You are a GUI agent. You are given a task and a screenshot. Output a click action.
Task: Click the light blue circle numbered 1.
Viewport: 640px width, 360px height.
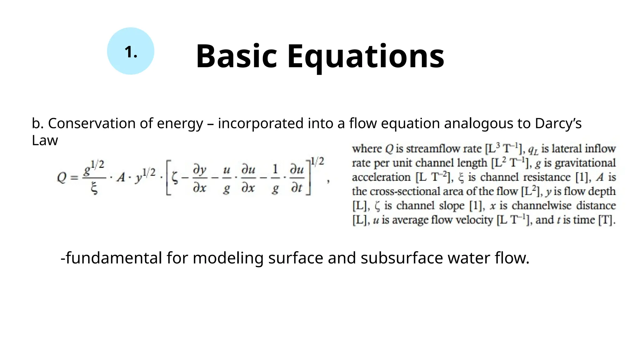coord(131,51)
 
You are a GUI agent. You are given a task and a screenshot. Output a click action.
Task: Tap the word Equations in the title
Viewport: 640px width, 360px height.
coord(366,57)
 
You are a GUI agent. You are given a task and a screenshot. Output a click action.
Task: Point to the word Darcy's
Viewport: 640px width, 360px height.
coord(558,123)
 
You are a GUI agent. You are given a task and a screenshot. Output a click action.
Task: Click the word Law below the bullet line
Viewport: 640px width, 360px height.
coord(45,140)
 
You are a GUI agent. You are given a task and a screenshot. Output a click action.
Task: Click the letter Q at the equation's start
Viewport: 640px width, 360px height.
coord(62,178)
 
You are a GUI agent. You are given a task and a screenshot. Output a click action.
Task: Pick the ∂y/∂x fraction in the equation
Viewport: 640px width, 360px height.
coord(200,179)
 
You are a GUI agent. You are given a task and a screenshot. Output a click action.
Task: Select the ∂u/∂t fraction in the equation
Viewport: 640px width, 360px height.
coord(297,179)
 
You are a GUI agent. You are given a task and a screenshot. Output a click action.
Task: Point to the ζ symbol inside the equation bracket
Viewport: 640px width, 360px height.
coord(175,178)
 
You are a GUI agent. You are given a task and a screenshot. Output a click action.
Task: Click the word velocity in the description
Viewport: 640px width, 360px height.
coord(474,220)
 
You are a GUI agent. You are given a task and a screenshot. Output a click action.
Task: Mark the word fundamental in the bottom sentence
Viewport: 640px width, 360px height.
coord(113,258)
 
